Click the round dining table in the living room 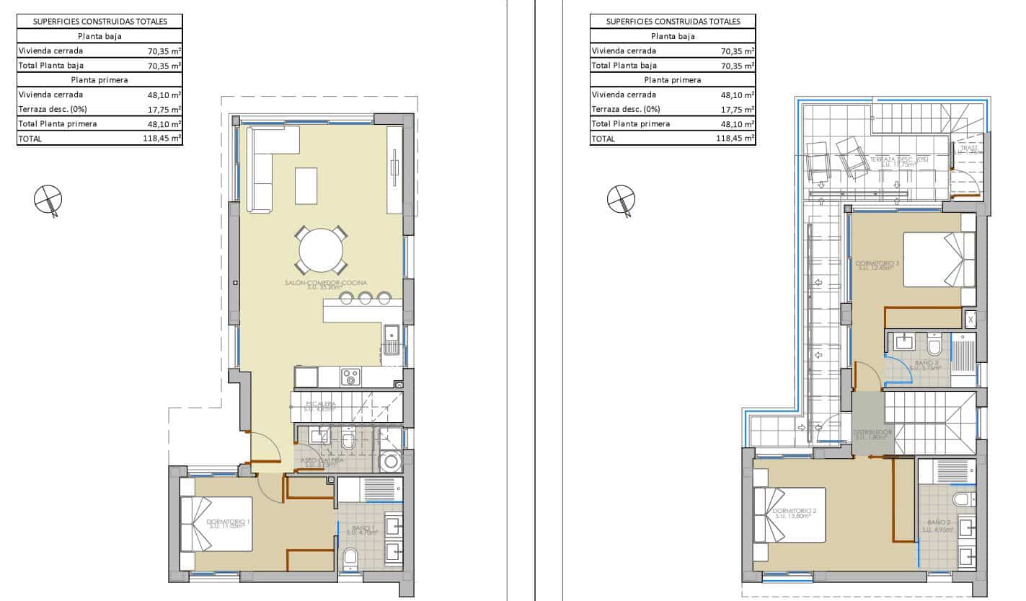321,250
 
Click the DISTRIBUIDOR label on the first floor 874,433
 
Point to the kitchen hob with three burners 350,377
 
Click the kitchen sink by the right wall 392,340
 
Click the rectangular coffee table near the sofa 306,185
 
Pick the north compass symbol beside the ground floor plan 48,200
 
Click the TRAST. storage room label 968,150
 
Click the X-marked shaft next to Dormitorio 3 970,318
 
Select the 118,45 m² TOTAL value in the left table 162,139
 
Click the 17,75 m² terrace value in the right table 735,110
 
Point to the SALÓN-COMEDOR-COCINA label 320,285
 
